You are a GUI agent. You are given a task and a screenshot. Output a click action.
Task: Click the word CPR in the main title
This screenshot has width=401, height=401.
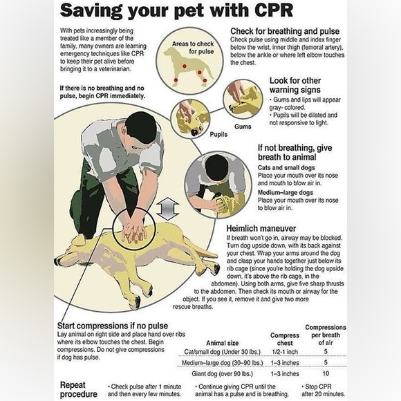tap(273, 10)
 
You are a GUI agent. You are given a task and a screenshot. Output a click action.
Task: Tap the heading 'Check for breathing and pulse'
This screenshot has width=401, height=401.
tap(285, 31)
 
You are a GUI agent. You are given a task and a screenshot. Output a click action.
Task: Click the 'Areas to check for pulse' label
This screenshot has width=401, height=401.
tap(193, 48)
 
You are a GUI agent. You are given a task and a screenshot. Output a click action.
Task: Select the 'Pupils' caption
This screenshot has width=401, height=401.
tap(218, 135)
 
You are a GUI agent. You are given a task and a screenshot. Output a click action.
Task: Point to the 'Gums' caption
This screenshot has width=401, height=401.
tap(243, 127)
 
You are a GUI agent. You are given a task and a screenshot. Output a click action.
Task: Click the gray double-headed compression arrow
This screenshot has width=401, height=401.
tap(167, 209)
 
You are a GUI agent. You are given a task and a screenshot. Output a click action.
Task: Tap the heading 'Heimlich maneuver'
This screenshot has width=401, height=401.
tap(261, 228)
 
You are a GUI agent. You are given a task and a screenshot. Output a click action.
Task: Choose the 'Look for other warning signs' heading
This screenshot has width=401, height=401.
tap(295, 85)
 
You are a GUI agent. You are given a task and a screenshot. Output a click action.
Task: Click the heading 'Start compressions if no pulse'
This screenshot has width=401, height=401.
tap(113, 326)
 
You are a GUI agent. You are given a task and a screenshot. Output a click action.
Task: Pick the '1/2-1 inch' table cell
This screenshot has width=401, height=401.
tap(285, 352)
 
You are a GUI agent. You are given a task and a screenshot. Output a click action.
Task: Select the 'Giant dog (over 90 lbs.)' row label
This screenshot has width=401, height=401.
tap(222, 373)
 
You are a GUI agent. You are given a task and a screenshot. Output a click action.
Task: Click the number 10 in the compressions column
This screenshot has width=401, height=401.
tap(326, 373)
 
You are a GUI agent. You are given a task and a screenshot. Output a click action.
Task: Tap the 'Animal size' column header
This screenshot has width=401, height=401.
tap(222, 343)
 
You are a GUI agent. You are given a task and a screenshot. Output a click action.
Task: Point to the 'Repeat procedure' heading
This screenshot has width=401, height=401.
tap(79, 389)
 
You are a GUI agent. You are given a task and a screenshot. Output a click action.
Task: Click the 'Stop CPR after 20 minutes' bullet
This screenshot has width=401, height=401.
tap(324, 390)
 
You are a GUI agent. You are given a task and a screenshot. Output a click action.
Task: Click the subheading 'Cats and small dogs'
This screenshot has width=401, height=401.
tap(286, 168)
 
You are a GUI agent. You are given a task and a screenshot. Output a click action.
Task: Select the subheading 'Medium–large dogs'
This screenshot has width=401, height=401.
tap(285, 193)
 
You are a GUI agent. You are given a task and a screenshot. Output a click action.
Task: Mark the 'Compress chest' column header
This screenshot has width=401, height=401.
tap(285, 339)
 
